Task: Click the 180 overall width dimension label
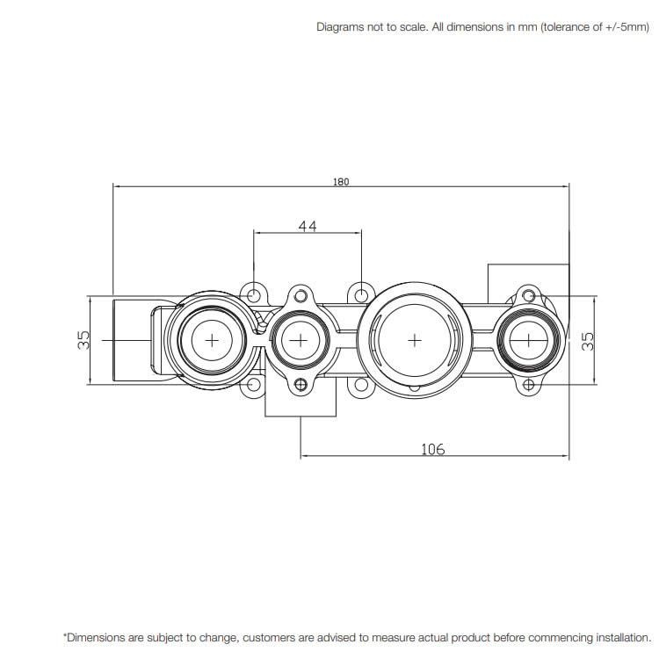341,182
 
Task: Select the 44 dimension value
307,226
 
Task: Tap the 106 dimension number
433,449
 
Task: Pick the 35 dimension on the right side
589,340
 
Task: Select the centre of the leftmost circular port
210,339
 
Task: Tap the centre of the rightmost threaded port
528,339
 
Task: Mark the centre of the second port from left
301,340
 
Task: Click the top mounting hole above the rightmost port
528,293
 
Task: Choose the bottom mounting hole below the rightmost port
528,385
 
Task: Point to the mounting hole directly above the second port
301,293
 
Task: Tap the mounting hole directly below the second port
301,384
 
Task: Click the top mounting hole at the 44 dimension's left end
254,293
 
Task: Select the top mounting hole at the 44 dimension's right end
361,293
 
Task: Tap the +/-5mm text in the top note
625,27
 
